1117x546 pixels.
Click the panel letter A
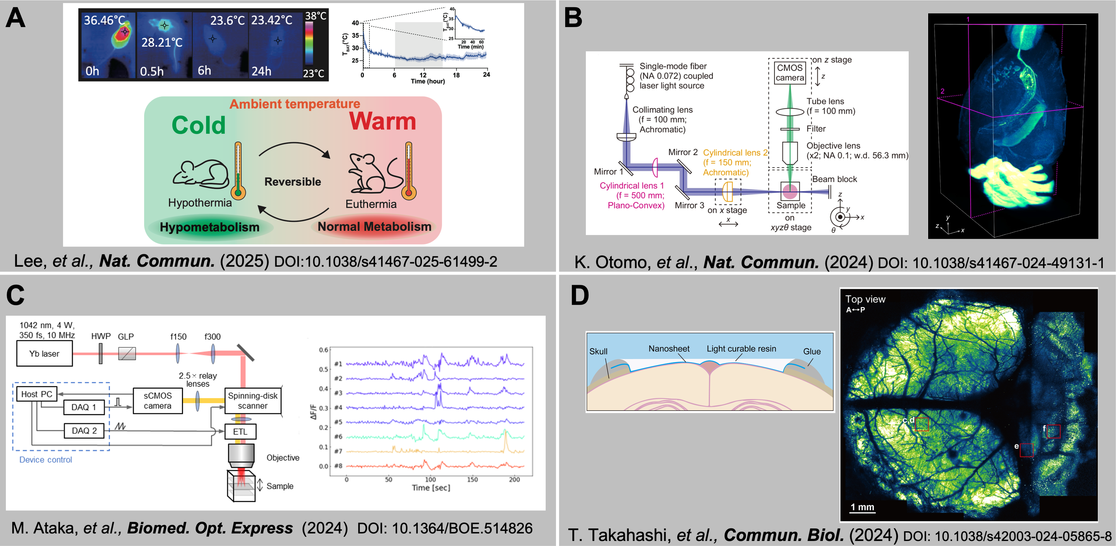[16, 18]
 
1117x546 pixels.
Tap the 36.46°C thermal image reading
[104, 20]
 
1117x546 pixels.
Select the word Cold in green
[199, 125]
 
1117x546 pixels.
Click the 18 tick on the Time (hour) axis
[456, 75]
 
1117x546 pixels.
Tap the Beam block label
[834, 179]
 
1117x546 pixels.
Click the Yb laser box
[44, 354]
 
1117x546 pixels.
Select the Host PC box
[36, 394]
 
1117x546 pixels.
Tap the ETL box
[240, 432]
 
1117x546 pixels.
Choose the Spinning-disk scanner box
[253, 401]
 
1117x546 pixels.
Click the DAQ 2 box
[84, 431]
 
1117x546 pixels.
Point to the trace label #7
[338, 451]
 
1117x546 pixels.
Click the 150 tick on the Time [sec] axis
[472, 479]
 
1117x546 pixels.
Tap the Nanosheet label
[669, 349]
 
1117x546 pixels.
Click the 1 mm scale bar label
[862, 507]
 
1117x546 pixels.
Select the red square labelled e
[1026, 450]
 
